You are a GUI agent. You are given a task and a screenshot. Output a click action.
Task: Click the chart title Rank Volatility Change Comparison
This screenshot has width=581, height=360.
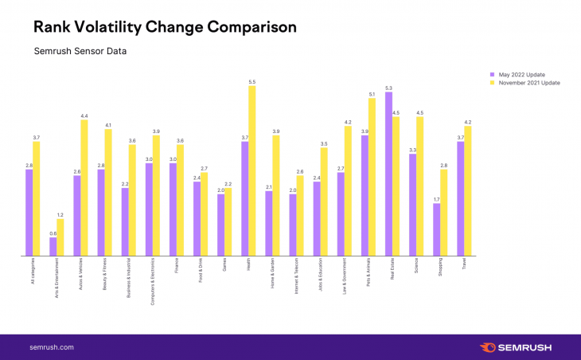pyautogui.click(x=165, y=27)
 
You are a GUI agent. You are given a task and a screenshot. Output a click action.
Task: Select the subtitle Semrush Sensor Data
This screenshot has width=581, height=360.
pyautogui.click(x=80, y=53)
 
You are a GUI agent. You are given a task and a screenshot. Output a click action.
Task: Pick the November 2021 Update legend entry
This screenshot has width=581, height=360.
pyautogui.click(x=524, y=82)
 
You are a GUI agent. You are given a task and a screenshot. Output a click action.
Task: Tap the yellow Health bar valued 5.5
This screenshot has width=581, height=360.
pyautogui.click(x=252, y=170)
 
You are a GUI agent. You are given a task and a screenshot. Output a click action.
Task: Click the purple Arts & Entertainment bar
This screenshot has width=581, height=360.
pyautogui.click(x=53, y=246)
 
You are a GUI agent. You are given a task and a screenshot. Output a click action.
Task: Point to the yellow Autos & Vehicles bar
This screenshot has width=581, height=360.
pyautogui.click(x=84, y=187)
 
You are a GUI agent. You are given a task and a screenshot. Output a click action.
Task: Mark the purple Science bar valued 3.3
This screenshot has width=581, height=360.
pyautogui.click(x=412, y=205)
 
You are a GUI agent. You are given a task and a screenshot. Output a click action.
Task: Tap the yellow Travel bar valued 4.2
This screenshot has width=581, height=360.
pyautogui.click(x=467, y=190)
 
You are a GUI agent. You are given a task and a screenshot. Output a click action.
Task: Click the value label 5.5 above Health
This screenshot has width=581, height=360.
pyautogui.click(x=252, y=82)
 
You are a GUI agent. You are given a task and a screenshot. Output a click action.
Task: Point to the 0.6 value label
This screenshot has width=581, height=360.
pyautogui.click(x=53, y=233)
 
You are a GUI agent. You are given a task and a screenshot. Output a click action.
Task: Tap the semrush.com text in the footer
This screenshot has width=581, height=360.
pyautogui.click(x=52, y=347)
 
